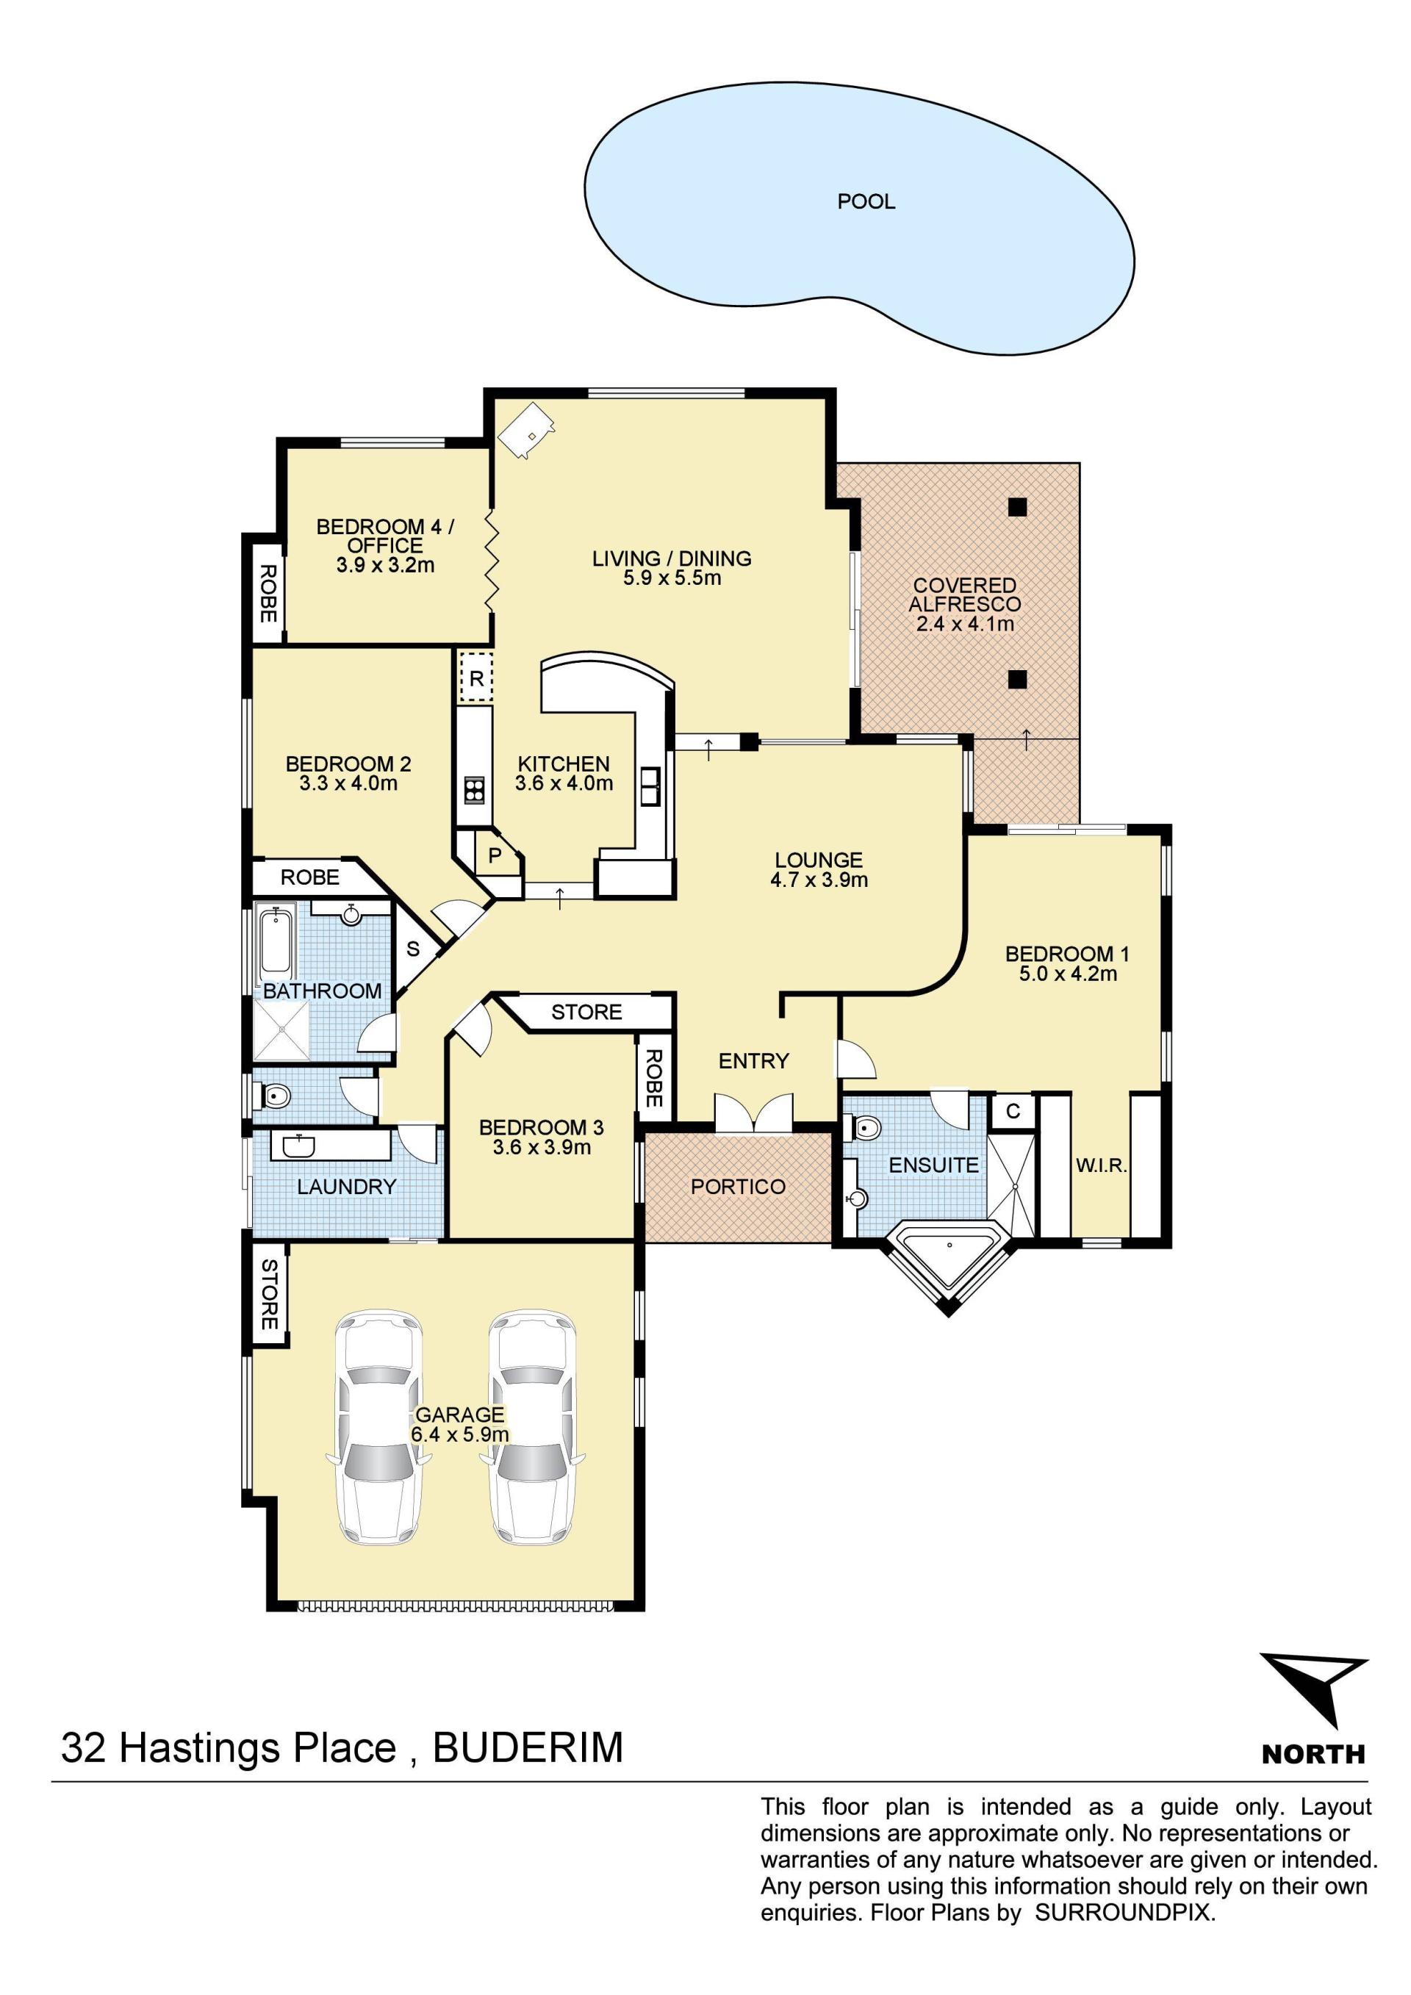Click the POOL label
tap(866, 201)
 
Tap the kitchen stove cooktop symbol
tap(473, 790)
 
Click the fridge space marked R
tap(476, 677)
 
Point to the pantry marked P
tap(495, 856)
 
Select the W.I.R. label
tap(1101, 1166)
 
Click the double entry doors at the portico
tap(753, 1113)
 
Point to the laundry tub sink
tap(294, 1146)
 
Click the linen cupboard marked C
tap(1013, 1111)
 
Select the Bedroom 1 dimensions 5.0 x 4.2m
tap(1068, 974)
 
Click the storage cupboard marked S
tap(414, 949)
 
